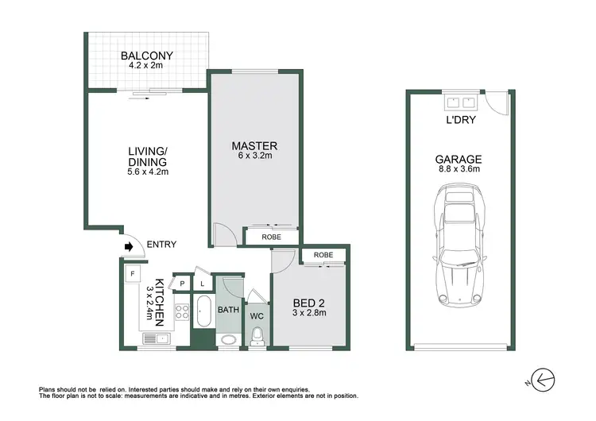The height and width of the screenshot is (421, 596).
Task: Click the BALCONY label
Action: tap(148, 56)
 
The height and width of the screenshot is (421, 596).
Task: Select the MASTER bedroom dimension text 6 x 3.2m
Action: tap(254, 157)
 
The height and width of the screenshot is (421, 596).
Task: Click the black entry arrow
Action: tap(128, 246)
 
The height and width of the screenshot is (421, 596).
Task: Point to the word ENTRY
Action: tap(161, 245)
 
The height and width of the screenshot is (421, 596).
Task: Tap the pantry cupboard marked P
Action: tap(182, 282)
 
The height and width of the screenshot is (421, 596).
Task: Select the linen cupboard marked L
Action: tap(202, 283)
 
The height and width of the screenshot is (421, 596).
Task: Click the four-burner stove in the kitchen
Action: tap(181, 312)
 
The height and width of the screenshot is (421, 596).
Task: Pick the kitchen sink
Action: tap(155, 339)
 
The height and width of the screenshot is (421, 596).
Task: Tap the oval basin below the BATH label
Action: tap(229, 339)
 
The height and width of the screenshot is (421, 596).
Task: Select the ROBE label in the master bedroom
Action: tap(271, 236)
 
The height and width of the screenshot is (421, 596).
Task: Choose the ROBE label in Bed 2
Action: tap(323, 255)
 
